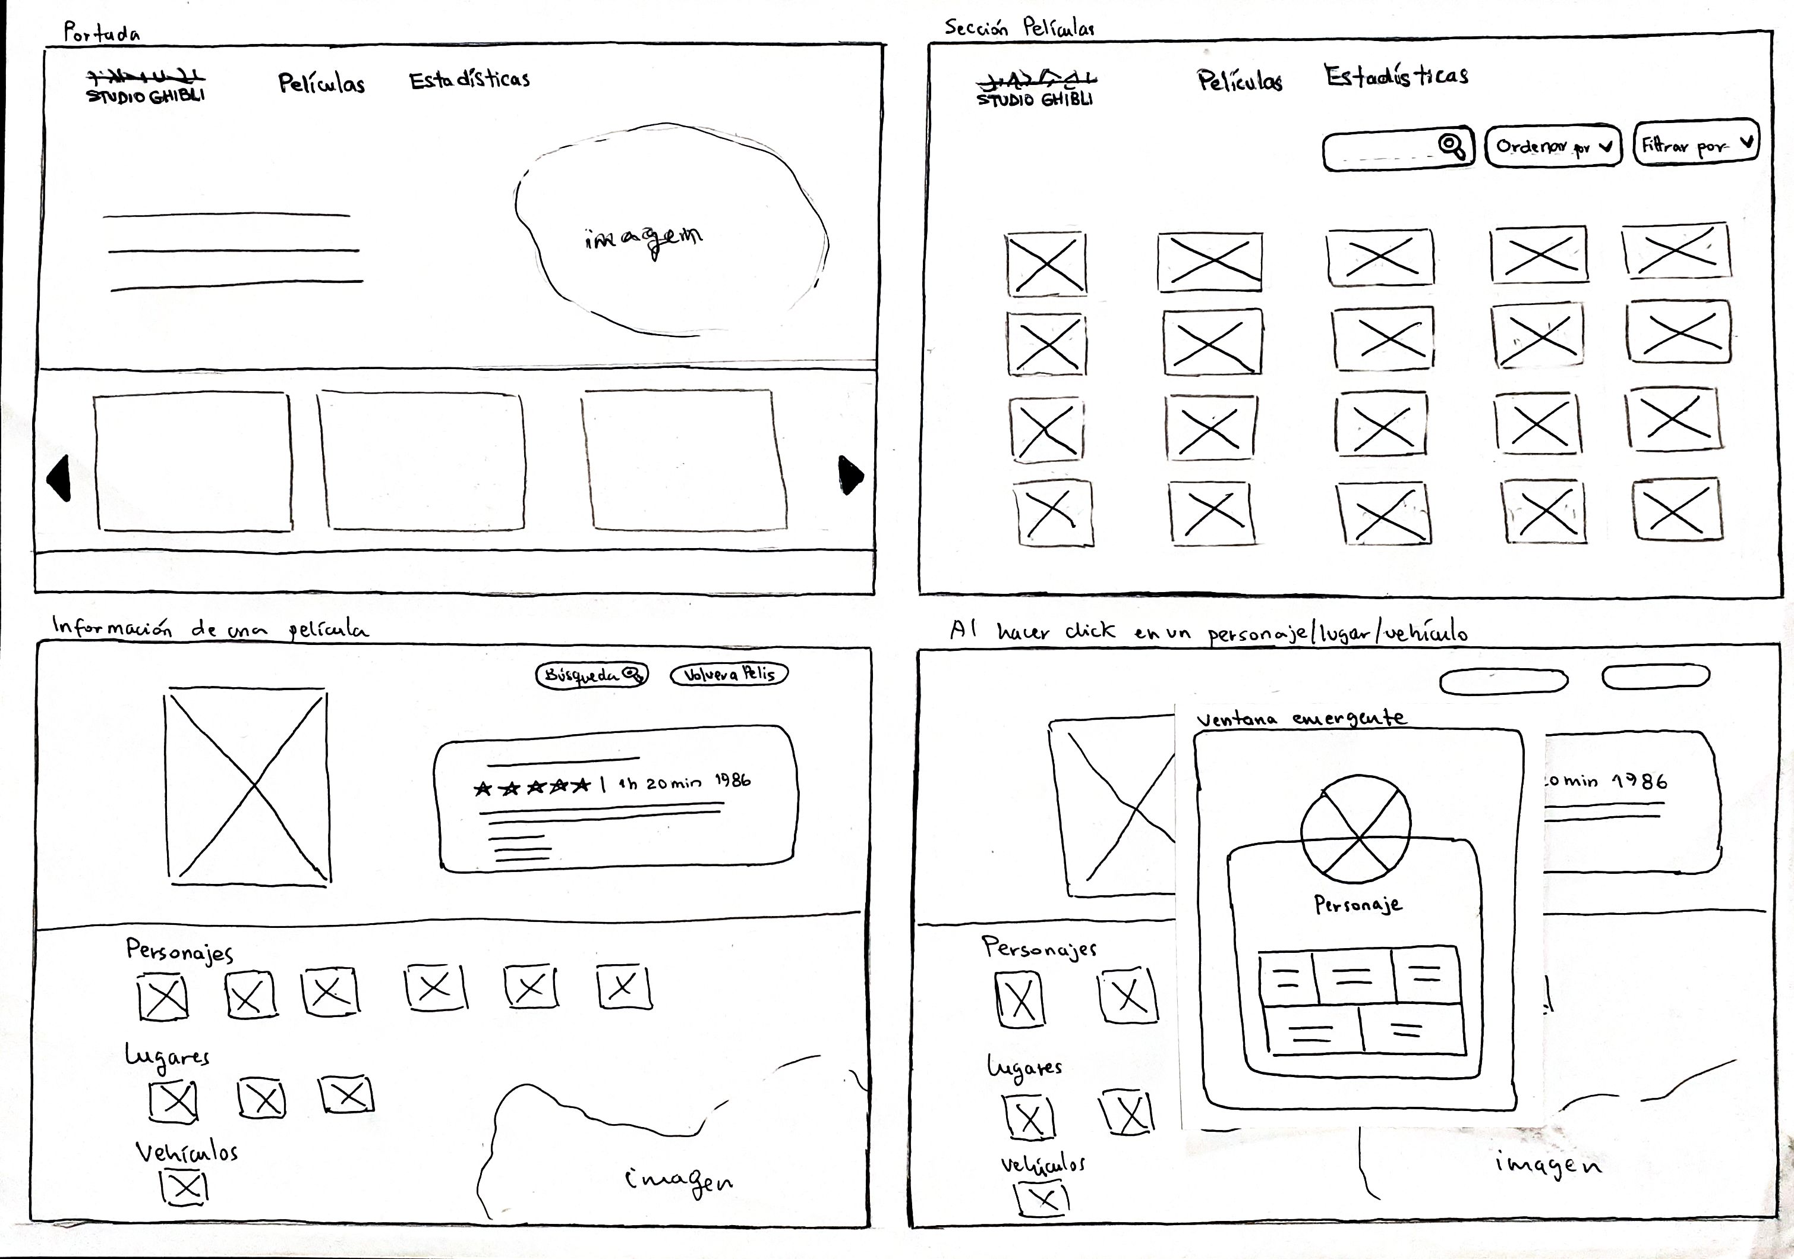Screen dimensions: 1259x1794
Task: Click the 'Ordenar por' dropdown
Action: coord(1552,147)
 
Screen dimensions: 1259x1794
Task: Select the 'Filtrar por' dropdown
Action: coord(1695,144)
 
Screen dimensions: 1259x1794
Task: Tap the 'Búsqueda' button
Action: coord(591,675)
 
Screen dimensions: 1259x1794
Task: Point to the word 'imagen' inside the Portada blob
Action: coord(644,239)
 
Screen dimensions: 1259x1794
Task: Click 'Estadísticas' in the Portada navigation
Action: coord(469,80)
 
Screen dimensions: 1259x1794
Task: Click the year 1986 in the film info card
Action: coord(732,780)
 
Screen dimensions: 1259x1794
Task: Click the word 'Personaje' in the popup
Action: coord(1357,905)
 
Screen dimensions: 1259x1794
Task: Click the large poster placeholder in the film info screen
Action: coord(247,787)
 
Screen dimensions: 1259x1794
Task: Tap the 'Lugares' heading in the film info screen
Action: coord(167,1056)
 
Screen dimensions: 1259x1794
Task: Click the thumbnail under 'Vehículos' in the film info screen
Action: coord(185,1188)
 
